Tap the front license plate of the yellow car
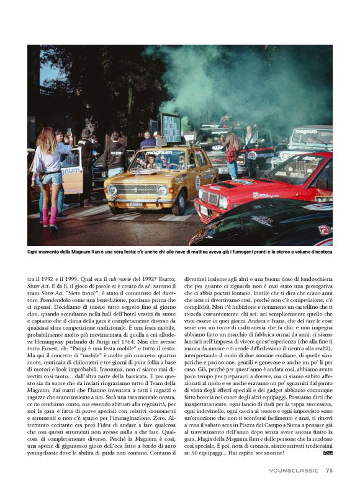point(135,204)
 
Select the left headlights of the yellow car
point(113,190)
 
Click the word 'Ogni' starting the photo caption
point(34,252)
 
